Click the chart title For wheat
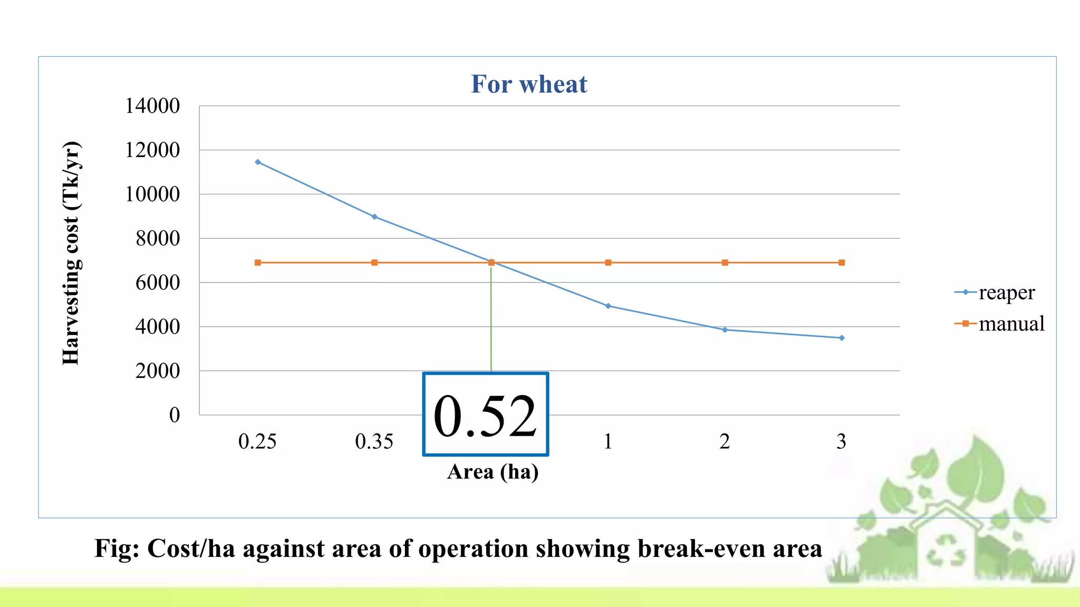click(x=528, y=84)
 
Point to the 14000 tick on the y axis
click(x=152, y=106)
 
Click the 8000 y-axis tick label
click(x=157, y=239)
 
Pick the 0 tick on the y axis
click(x=174, y=415)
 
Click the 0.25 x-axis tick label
click(x=257, y=442)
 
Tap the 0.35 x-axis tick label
click(x=374, y=442)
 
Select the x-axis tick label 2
click(x=725, y=442)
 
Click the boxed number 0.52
click(x=485, y=415)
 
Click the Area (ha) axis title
click(x=493, y=472)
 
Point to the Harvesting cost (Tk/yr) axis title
click(x=71, y=253)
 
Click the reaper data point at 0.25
click(x=257, y=162)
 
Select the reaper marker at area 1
click(x=608, y=306)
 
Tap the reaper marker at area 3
click(x=842, y=338)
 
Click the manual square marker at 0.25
click(x=257, y=262)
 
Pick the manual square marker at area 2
click(x=725, y=262)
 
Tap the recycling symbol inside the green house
click(x=946, y=551)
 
